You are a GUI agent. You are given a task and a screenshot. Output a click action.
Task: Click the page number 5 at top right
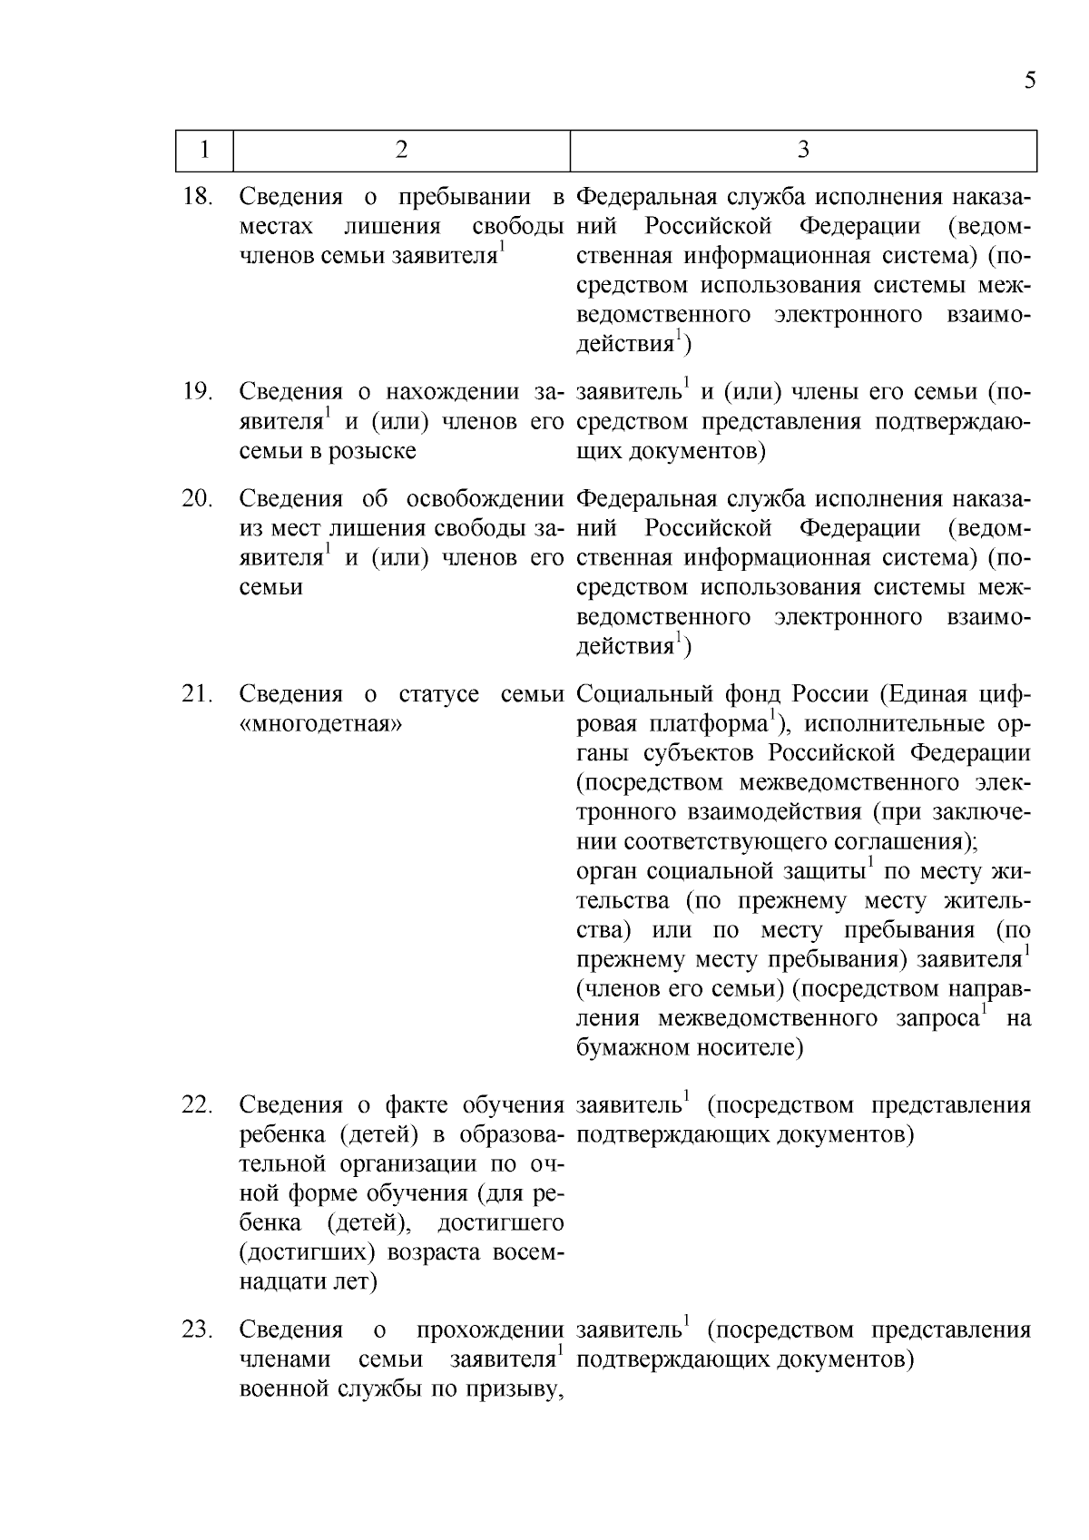click(1029, 81)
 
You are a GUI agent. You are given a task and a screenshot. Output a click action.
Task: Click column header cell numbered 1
click(204, 150)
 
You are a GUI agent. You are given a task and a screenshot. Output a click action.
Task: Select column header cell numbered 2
click(401, 150)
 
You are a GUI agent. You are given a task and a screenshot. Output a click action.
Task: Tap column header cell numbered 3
click(803, 150)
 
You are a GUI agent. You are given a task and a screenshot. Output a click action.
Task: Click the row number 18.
click(197, 196)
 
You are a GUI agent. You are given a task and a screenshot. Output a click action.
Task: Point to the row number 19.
click(197, 392)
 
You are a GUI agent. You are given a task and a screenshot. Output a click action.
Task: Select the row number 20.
click(197, 498)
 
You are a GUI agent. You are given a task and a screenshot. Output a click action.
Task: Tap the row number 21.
click(197, 694)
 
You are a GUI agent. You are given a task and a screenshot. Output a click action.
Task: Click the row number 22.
click(197, 1105)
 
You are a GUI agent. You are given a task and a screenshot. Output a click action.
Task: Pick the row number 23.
click(197, 1330)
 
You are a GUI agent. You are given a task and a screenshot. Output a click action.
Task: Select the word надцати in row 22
click(280, 1282)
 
